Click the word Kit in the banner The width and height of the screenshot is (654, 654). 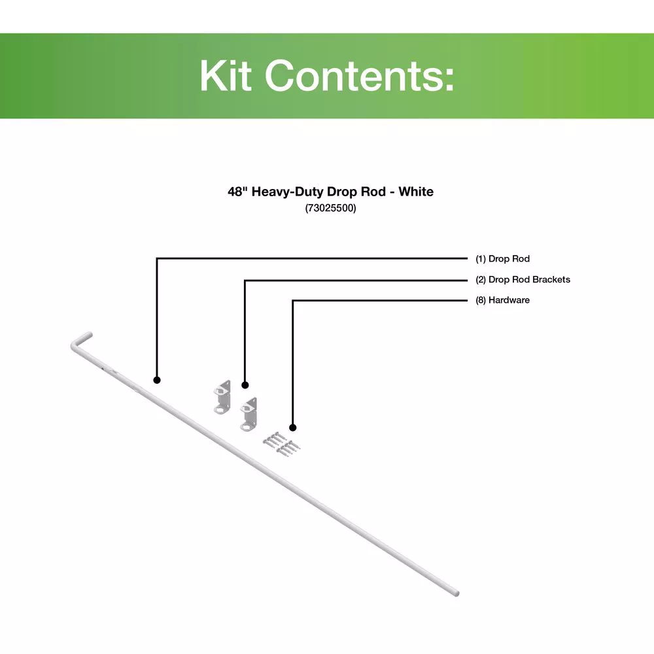(x=226, y=75)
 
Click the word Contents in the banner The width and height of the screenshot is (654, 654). (x=354, y=75)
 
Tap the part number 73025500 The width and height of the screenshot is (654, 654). (x=330, y=208)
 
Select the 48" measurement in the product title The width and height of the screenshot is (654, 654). (x=238, y=192)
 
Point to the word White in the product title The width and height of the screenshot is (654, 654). (x=416, y=192)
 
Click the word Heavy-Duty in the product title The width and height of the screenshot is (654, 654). (x=287, y=192)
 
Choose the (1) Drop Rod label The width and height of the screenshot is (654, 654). (x=502, y=258)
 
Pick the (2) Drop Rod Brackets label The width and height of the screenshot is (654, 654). (x=523, y=279)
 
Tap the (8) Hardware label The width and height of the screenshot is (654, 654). (x=502, y=300)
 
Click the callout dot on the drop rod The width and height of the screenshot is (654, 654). (x=157, y=380)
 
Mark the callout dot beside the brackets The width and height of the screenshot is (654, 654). (x=245, y=385)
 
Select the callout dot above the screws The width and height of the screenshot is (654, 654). (x=293, y=428)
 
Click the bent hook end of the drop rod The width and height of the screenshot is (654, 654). (x=79, y=340)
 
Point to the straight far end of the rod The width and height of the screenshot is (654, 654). (x=456, y=593)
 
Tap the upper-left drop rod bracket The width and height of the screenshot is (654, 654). (x=222, y=397)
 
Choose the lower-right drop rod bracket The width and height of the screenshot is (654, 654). (x=249, y=414)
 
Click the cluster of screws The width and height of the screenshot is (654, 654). (x=281, y=444)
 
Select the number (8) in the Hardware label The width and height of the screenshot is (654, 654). (x=481, y=300)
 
